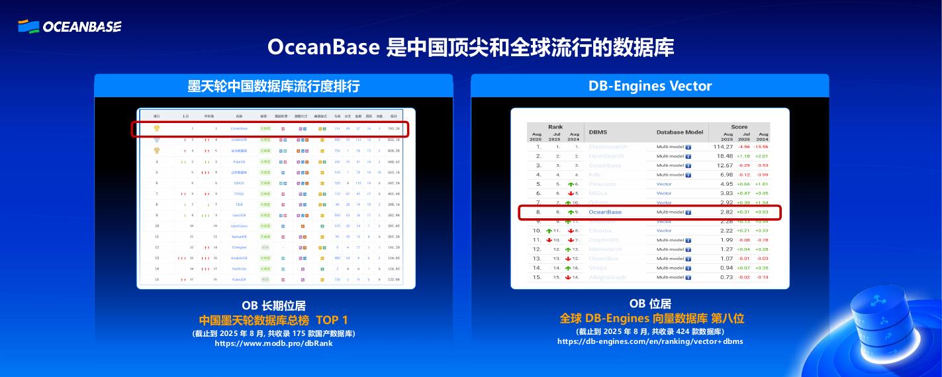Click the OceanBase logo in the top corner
pos(70,26)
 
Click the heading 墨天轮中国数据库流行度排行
pos(273,86)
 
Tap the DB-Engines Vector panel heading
pos(649,86)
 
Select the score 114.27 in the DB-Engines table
pos(724,146)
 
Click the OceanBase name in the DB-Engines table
pos(605,212)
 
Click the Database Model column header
pos(680,132)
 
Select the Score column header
pos(739,126)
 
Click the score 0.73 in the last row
pos(726,277)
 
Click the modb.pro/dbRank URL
pos(273,343)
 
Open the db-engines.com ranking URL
pos(649,341)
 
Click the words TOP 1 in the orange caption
pos(332,320)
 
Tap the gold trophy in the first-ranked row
pos(157,128)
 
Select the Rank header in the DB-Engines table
pos(555,126)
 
